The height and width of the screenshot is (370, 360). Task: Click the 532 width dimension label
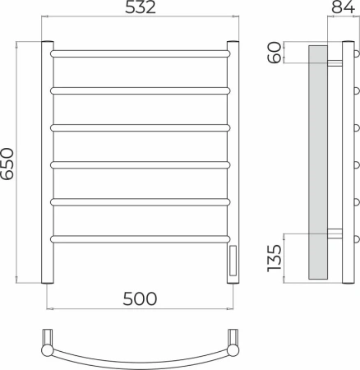point(141,7)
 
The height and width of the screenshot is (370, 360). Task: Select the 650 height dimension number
point(7,164)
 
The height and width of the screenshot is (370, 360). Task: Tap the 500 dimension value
point(140,298)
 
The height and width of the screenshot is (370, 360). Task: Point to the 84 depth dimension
point(344,7)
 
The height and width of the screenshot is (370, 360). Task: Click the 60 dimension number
point(275,53)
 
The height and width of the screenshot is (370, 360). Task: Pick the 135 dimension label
point(275,258)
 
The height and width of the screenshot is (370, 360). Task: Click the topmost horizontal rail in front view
point(141,53)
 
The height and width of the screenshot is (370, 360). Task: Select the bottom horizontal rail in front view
point(141,239)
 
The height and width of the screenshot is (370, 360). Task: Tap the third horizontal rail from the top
point(141,128)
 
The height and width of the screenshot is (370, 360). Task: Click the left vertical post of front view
point(48,162)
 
